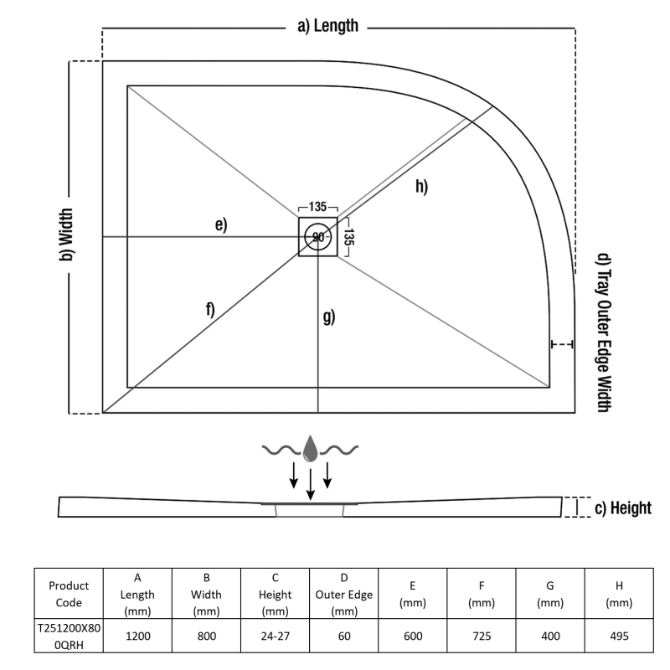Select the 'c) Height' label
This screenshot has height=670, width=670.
(621, 508)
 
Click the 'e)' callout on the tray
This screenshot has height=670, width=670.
(220, 224)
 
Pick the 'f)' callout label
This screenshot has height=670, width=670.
(209, 309)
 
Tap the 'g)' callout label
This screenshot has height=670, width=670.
(328, 317)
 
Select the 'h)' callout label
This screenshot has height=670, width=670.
(420, 187)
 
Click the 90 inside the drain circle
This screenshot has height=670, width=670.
(318, 238)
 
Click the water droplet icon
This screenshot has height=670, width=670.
(311, 449)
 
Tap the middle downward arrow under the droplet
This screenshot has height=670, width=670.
(311, 483)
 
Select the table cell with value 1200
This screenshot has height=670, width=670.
(137, 636)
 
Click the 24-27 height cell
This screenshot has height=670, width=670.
(275, 636)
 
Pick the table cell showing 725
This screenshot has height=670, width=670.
(481, 636)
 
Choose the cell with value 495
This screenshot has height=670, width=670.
(618, 636)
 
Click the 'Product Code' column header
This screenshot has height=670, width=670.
(69, 594)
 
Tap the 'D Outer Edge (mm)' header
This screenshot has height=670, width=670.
(343, 594)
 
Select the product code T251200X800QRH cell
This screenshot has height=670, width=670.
(69, 636)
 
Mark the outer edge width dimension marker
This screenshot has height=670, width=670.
(562, 344)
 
